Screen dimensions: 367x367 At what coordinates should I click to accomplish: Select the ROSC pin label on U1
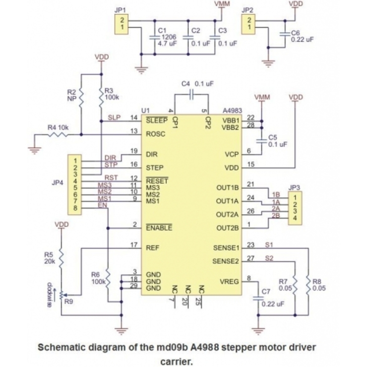pyautogui.click(x=156, y=134)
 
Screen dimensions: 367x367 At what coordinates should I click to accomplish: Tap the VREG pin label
pyautogui.click(x=230, y=282)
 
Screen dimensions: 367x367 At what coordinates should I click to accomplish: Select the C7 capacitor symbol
pyautogui.click(x=257, y=299)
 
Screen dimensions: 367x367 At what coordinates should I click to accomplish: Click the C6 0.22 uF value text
pyautogui.click(x=302, y=39)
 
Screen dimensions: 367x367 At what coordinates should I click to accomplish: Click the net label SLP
pyautogui.click(x=114, y=118)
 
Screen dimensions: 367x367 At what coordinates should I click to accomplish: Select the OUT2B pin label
pyautogui.click(x=228, y=228)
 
